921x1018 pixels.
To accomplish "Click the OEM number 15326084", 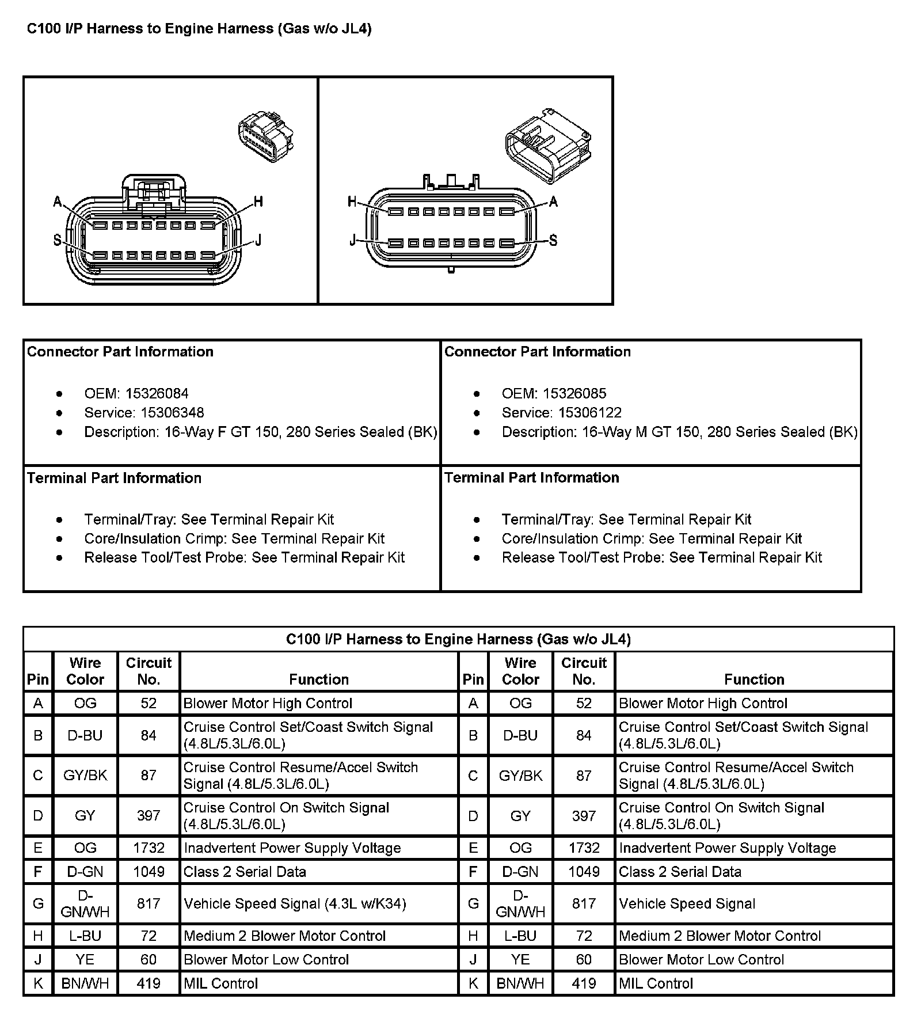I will (x=157, y=393).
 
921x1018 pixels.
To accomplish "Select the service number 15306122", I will (x=590, y=412).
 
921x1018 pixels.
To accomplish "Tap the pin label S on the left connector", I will (x=57, y=241).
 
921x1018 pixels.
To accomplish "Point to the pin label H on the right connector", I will (x=352, y=202).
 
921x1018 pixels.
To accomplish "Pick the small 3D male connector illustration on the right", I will (x=547, y=143).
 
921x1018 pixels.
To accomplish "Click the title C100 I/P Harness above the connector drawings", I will (x=199, y=29).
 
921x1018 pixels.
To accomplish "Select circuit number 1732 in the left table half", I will (x=149, y=848).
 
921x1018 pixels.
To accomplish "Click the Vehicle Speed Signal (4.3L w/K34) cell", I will (x=295, y=903).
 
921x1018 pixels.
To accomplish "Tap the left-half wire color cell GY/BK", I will (x=85, y=775).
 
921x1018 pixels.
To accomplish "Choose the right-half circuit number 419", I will (x=584, y=983).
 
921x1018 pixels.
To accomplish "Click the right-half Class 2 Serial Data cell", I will (x=680, y=871).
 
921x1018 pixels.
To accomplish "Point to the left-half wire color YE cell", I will (x=85, y=959).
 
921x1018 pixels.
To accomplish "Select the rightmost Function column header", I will (x=754, y=679).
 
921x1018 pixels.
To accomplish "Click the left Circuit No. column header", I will (x=149, y=671).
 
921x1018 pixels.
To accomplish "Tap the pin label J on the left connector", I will (x=258, y=241).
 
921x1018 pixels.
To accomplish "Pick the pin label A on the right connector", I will (x=554, y=202).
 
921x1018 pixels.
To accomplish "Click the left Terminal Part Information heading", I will (x=115, y=478).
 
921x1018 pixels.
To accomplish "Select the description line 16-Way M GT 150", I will (x=679, y=432).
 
